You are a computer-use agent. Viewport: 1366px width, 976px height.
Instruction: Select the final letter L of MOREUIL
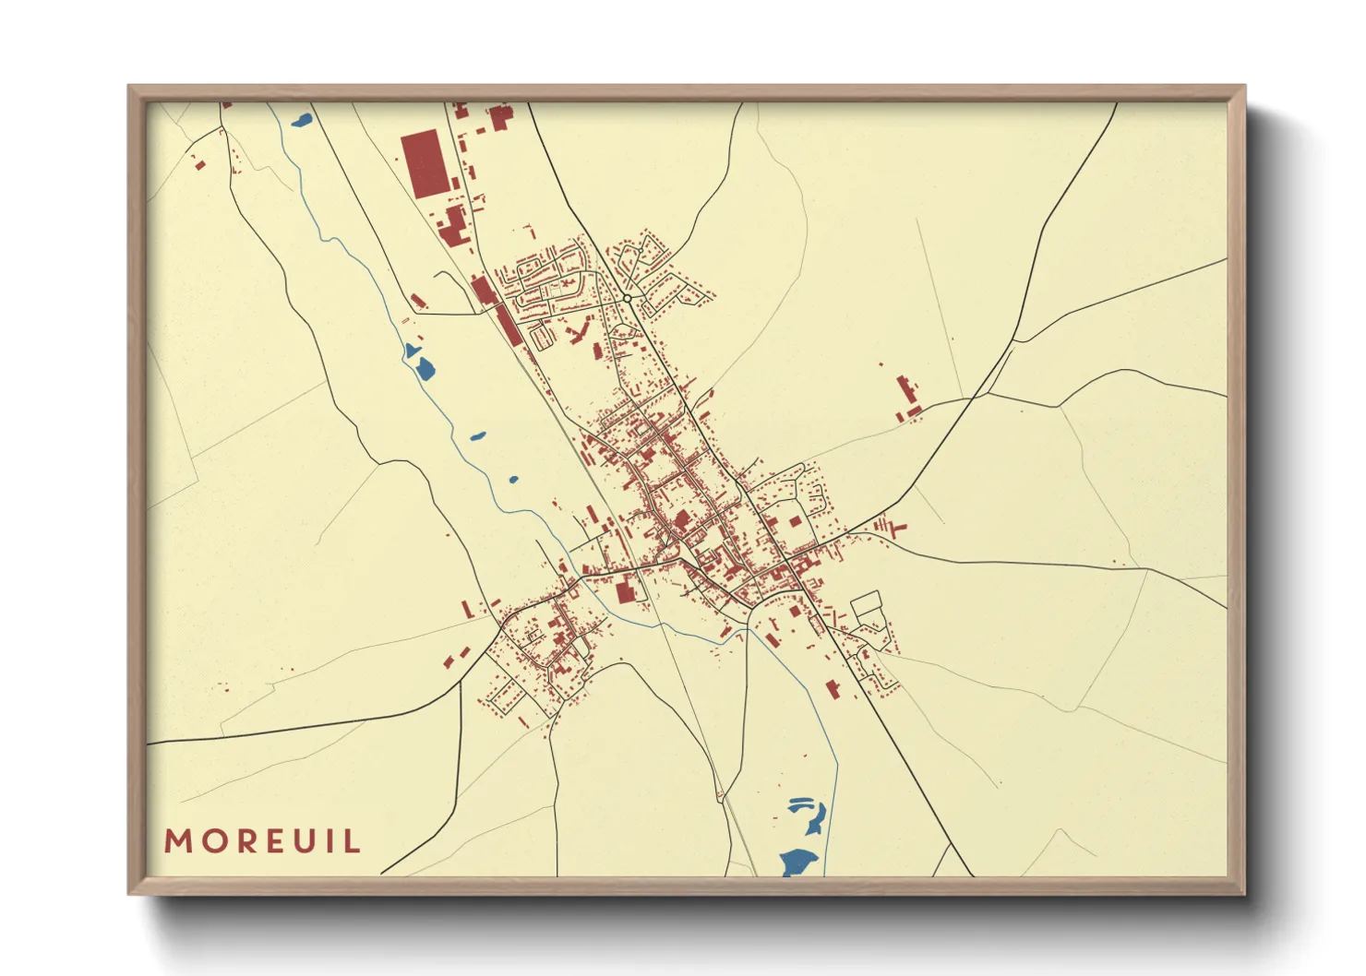tap(352, 841)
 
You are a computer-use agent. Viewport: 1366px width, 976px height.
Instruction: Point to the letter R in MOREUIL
tap(241, 841)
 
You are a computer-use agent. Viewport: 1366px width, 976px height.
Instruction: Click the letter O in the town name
tap(210, 841)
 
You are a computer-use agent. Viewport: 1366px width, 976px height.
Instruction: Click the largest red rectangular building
tap(424, 163)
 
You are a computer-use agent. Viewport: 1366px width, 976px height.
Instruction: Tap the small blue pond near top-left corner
tap(301, 119)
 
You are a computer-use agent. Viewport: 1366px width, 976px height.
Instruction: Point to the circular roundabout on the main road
tap(628, 299)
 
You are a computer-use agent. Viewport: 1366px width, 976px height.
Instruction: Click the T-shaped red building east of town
tap(895, 528)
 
